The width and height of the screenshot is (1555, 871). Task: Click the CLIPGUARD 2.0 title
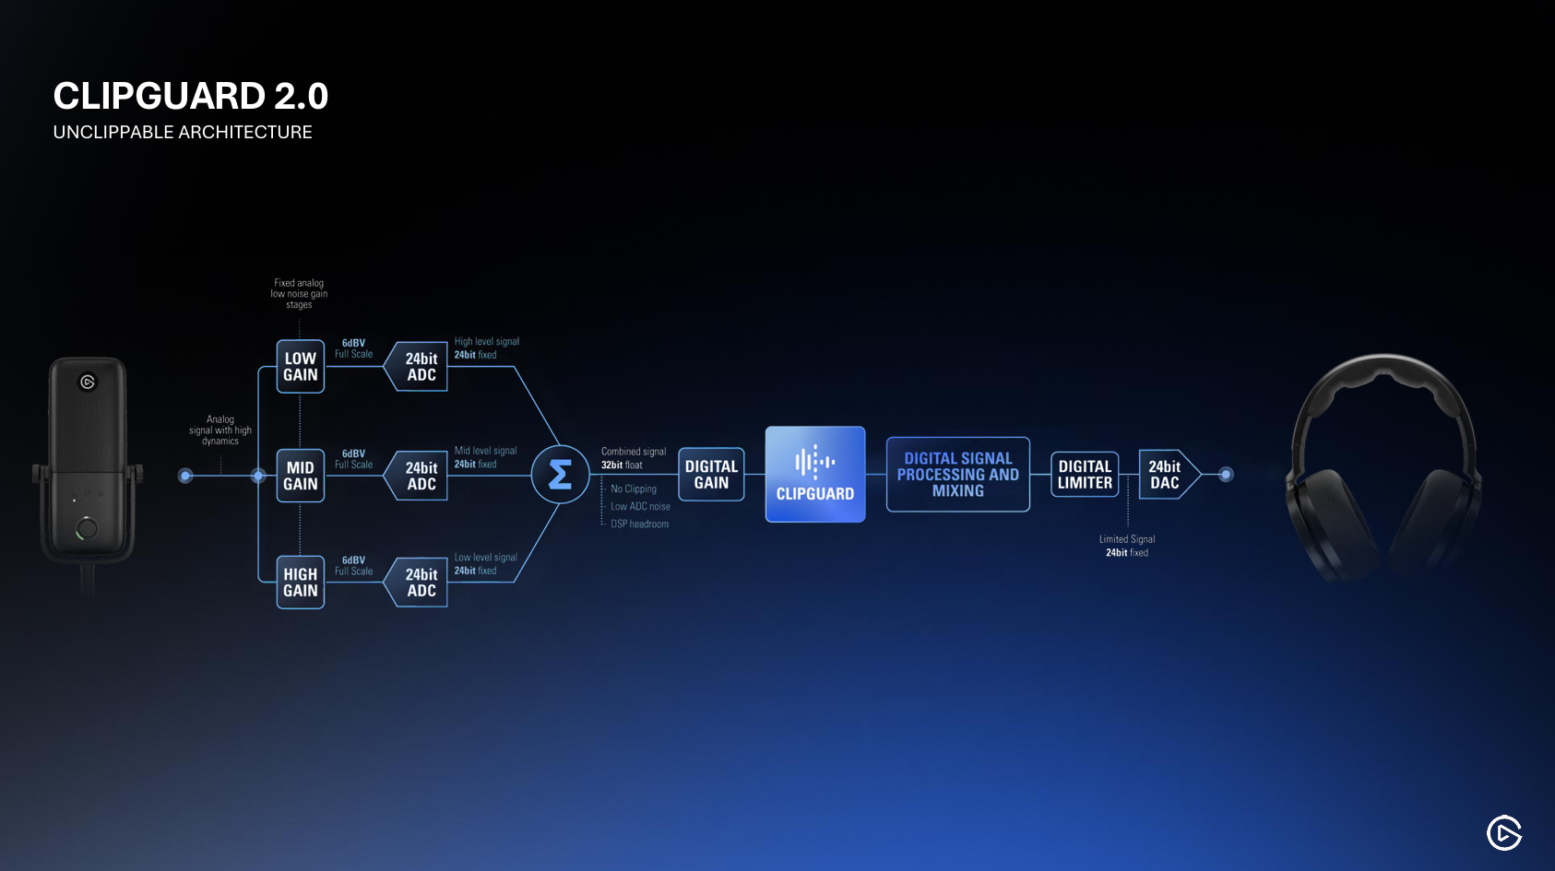click(x=190, y=96)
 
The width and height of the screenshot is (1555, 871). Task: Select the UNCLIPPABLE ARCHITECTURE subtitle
click(x=183, y=132)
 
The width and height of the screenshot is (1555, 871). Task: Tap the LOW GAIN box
click(x=301, y=367)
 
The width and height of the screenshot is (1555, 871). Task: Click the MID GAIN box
click(x=301, y=476)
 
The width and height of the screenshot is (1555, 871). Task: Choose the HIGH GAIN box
click(x=301, y=583)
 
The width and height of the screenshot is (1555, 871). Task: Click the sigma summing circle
click(x=560, y=475)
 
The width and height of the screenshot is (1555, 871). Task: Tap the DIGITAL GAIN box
click(x=711, y=475)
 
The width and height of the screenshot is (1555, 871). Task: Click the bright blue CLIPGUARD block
click(x=815, y=475)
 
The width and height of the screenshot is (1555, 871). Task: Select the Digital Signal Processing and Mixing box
click(x=958, y=475)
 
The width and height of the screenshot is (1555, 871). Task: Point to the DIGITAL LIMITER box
click(x=1085, y=475)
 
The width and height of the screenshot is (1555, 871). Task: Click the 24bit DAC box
click(x=1167, y=475)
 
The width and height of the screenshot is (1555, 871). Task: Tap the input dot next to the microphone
click(x=185, y=476)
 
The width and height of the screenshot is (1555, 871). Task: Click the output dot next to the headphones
click(x=1226, y=475)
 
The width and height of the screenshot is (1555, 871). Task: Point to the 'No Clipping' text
click(x=634, y=489)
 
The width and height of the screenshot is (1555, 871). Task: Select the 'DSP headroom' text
click(x=639, y=524)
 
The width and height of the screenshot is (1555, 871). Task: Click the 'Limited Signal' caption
click(x=1127, y=540)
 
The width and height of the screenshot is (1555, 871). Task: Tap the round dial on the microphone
click(x=87, y=529)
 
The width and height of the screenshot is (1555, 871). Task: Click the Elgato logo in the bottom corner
click(x=1504, y=833)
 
